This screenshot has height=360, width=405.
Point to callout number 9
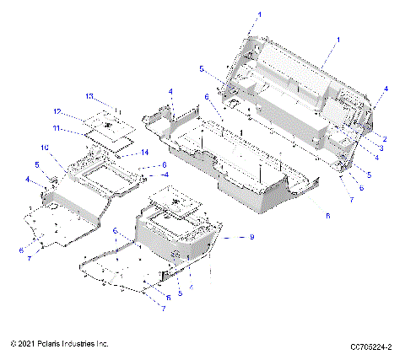251,237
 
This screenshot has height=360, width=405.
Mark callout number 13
89,95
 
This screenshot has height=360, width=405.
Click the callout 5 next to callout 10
36,164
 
